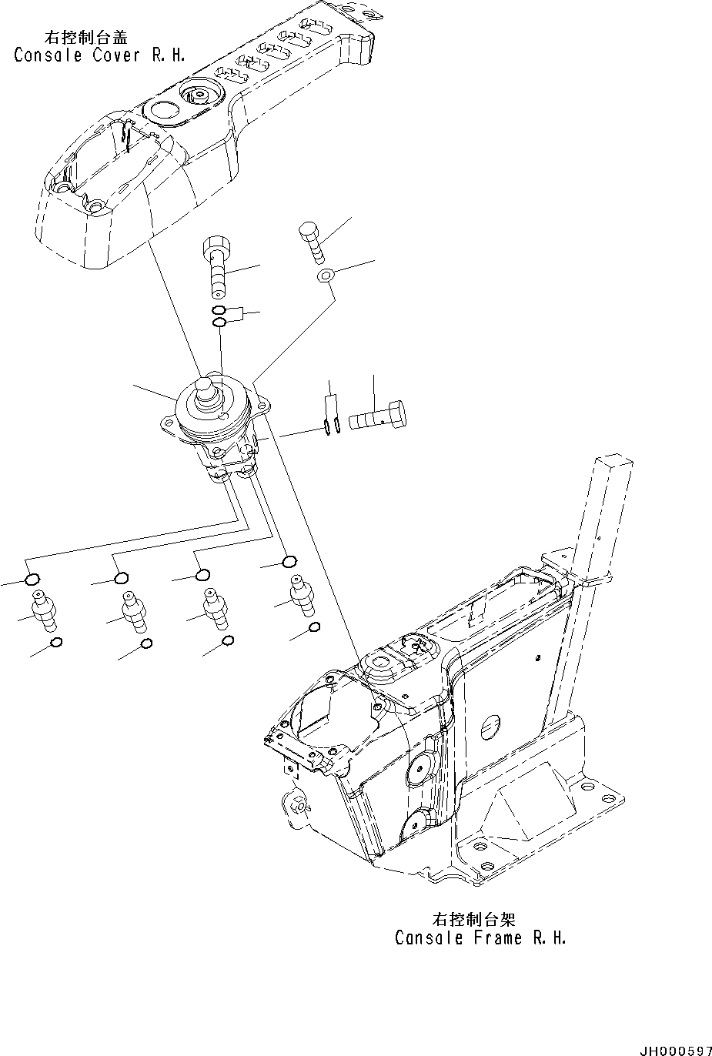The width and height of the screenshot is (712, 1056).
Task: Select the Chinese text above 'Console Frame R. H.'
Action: pos(473,919)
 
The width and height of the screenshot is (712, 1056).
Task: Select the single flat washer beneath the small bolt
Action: pos(326,275)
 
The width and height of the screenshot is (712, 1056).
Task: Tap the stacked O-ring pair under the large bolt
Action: pos(219,316)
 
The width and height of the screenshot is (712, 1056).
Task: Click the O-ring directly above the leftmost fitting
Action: pos(33,580)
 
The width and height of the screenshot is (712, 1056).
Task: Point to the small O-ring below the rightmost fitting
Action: pos(314,628)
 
